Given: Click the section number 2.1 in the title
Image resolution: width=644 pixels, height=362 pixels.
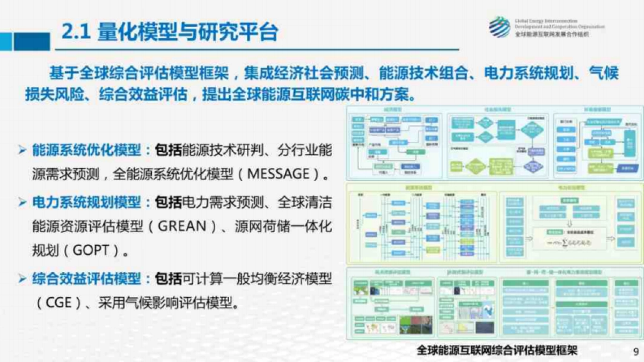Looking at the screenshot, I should coord(76,33).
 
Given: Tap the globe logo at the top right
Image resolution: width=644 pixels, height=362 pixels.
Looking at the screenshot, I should coord(499,27).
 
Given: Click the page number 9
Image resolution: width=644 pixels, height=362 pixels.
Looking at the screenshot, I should coord(635,351).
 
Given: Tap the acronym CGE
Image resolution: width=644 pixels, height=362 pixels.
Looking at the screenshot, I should coord(58,302).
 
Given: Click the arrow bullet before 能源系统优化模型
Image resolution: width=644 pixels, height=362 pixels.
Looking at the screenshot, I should coord(22,150).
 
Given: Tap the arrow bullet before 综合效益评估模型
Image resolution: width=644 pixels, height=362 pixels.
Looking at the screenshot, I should coord(22,279).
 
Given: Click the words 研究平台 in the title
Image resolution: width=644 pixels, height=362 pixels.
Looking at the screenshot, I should coord(246,33).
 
